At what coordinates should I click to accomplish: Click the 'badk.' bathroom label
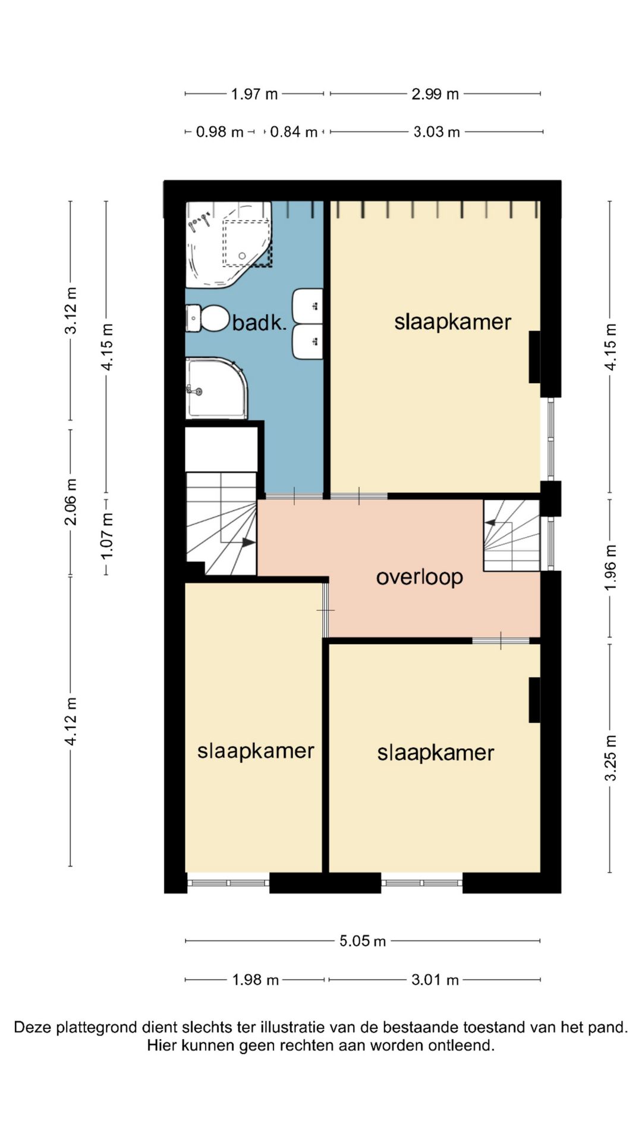(259, 322)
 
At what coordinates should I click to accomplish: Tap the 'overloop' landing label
(420, 577)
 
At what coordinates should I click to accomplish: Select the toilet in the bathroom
(207, 318)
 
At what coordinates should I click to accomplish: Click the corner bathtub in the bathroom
(229, 244)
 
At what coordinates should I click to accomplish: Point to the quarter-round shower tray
(216, 388)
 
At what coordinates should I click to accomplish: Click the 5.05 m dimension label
(363, 940)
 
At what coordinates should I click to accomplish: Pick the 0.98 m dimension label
(220, 131)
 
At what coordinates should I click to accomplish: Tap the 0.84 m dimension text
(294, 131)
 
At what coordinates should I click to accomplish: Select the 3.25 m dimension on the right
(610, 758)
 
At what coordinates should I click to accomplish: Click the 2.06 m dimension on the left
(71, 502)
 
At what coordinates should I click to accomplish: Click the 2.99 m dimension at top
(435, 94)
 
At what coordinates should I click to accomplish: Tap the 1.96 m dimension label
(610, 567)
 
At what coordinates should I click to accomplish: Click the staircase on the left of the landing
(221, 523)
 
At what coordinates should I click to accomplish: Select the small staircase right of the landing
(511, 535)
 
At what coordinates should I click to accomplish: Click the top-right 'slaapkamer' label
(452, 322)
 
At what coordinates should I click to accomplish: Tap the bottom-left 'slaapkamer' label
(256, 751)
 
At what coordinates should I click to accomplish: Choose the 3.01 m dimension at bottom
(435, 980)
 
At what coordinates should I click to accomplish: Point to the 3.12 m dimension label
(71, 310)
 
